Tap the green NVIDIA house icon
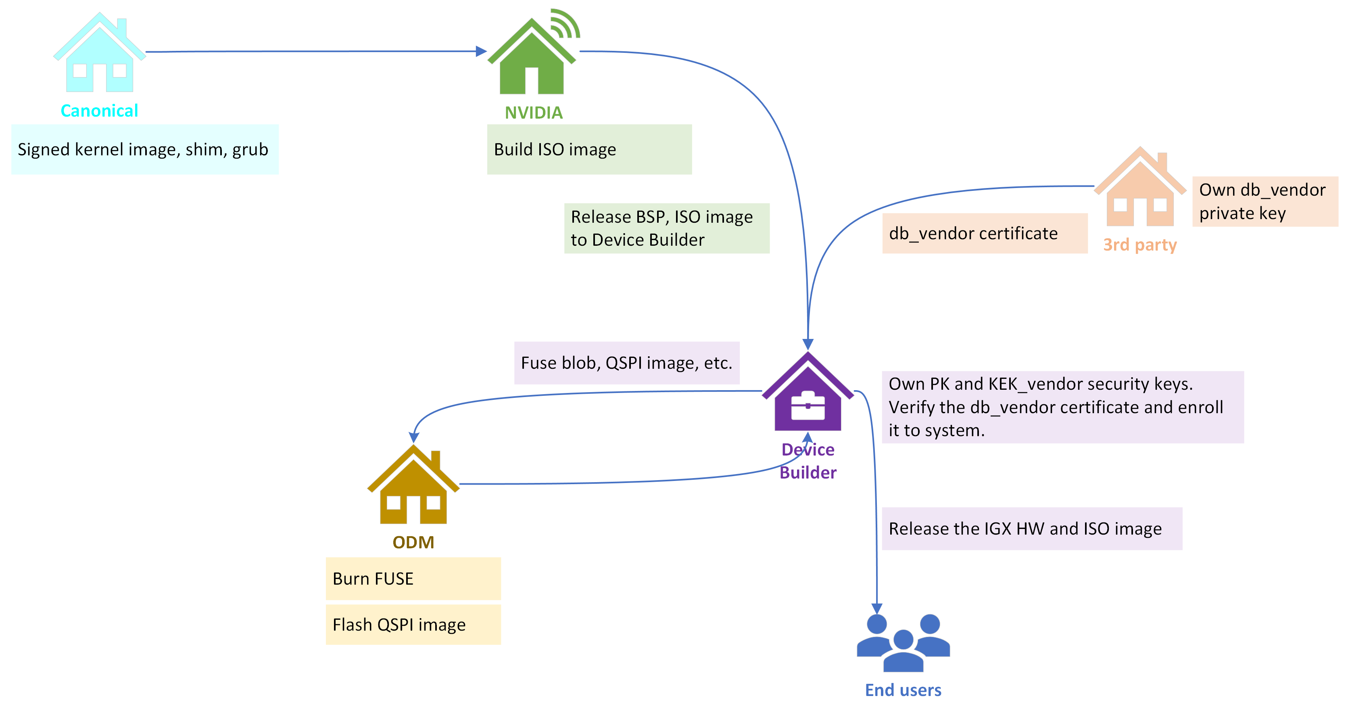[x=531, y=60]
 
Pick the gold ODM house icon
[x=413, y=488]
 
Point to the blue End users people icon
[x=903, y=644]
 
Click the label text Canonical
[x=99, y=111]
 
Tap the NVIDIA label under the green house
[x=533, y=113]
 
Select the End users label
[x=903, y=690]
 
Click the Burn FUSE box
[x=413, y=578]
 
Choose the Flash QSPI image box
[x=413, y=624]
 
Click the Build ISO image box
[x=589, y=149]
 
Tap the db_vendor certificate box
[x=984, y=233]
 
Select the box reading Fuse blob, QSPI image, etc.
[x=626, y=363]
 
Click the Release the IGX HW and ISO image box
[x=1031, y=529]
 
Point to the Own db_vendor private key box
[x=1264, y=201]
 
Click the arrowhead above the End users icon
[x=876, y=608]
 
